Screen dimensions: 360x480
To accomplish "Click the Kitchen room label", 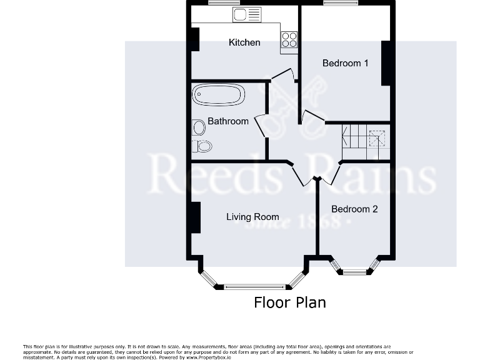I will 244,42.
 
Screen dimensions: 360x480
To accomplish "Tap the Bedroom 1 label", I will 345,63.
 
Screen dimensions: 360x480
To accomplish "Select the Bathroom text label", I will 228,121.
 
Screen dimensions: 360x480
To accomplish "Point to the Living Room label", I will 252,217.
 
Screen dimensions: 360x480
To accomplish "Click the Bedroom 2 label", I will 354,209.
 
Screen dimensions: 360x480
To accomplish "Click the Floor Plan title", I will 289,302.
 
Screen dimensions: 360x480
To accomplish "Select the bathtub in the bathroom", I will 218,95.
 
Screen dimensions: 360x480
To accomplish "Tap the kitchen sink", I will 247,14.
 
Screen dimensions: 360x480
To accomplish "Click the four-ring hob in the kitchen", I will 289,39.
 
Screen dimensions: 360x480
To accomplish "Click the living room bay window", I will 252,286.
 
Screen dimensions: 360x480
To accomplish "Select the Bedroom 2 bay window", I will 355,271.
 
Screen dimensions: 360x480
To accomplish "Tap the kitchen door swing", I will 286,74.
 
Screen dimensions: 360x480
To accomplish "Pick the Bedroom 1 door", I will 312,117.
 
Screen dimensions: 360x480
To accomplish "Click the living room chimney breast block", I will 196,217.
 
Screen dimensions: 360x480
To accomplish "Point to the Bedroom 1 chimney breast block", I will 386,63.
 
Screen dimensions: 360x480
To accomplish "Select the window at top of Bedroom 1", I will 341,3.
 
